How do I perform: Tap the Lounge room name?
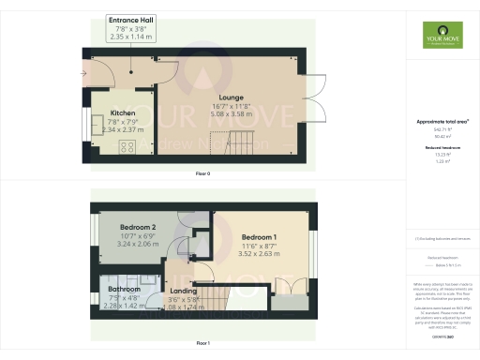tap(231, 97)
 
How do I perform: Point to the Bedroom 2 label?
tap(137, 228)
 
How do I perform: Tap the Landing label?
tap(184, 291)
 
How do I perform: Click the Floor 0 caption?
tap(202, 174)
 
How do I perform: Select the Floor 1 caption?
tap(202, 344)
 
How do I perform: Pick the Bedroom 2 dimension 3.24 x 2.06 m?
tap(137, 243)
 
